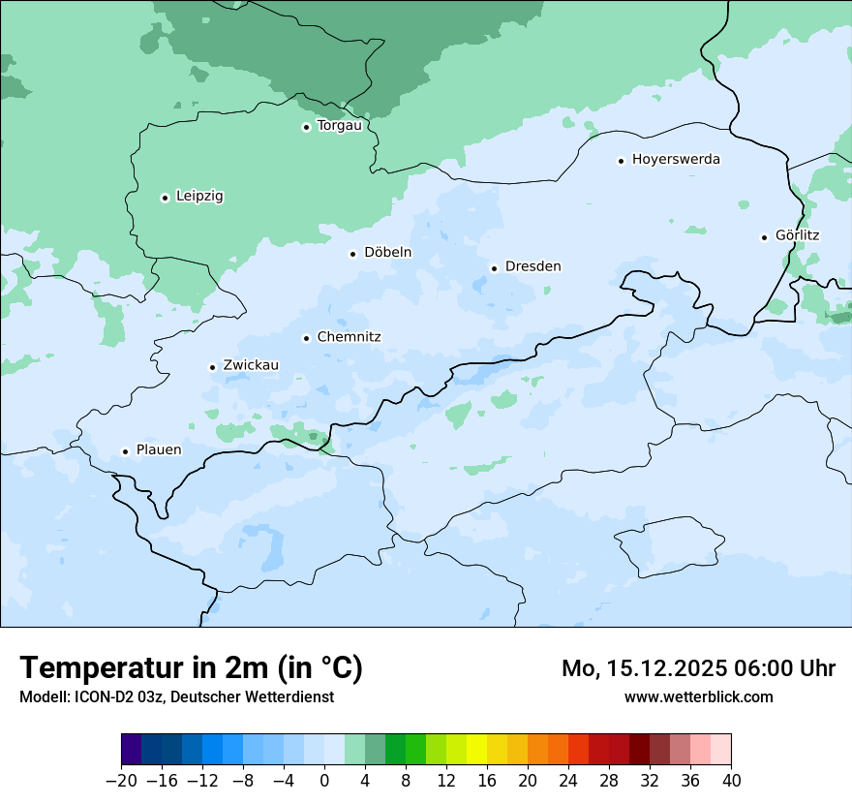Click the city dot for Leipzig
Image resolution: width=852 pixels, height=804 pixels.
(x=165, y=198)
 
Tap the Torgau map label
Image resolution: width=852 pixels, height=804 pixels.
(x=339, y=126)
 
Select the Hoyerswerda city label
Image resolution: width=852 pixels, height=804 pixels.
(x=676, y=160)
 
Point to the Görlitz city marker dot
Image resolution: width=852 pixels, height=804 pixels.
(x=764, y=237)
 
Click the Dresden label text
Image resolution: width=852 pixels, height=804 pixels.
(x=532, y=266)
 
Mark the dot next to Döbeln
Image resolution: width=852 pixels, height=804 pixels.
(x=352, y=254)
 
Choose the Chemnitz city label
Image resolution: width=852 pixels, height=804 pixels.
(x=349, y=337)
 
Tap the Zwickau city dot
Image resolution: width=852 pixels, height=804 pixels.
(x=212, y=367)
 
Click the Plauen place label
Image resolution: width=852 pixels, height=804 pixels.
(x=158, y=450)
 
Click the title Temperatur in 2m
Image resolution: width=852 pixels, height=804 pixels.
(x=191, y=667)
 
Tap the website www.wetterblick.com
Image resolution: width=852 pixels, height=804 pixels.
(x=698, y=697)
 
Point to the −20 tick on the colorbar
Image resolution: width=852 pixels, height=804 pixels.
(x=122, y=780)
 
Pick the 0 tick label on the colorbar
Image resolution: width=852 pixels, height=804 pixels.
(x=324, y=780)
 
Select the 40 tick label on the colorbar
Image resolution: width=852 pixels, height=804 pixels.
(x=731, y=780)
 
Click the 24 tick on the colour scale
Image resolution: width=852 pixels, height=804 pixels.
(x=568, y=780)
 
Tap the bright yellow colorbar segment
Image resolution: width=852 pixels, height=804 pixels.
(x=476, y=750)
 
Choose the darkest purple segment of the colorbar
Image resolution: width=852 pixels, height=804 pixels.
(x=132, y=750)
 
